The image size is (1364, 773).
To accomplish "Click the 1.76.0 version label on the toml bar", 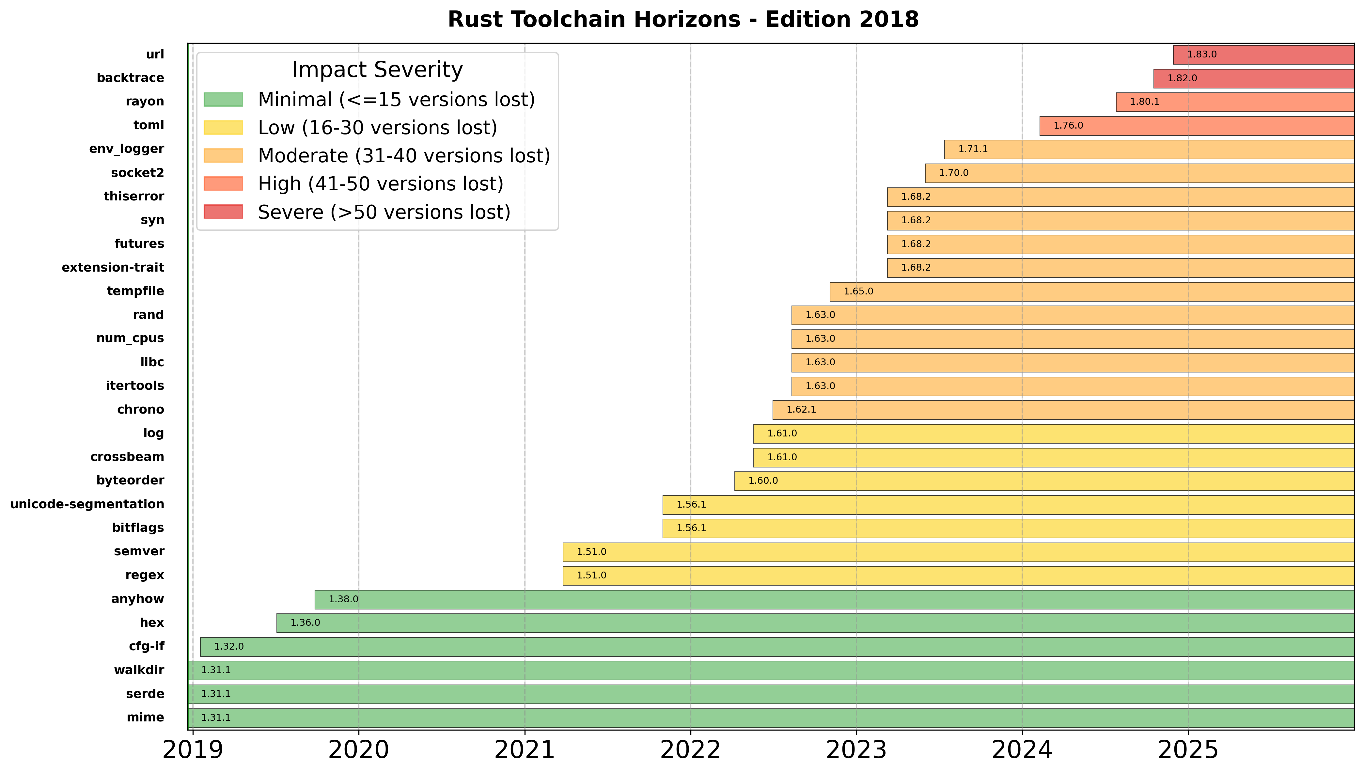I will click(1068, 126).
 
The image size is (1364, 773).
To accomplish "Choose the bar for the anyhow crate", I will click(833, 599).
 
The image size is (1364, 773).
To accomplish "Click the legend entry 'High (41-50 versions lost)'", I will click(380, 184).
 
